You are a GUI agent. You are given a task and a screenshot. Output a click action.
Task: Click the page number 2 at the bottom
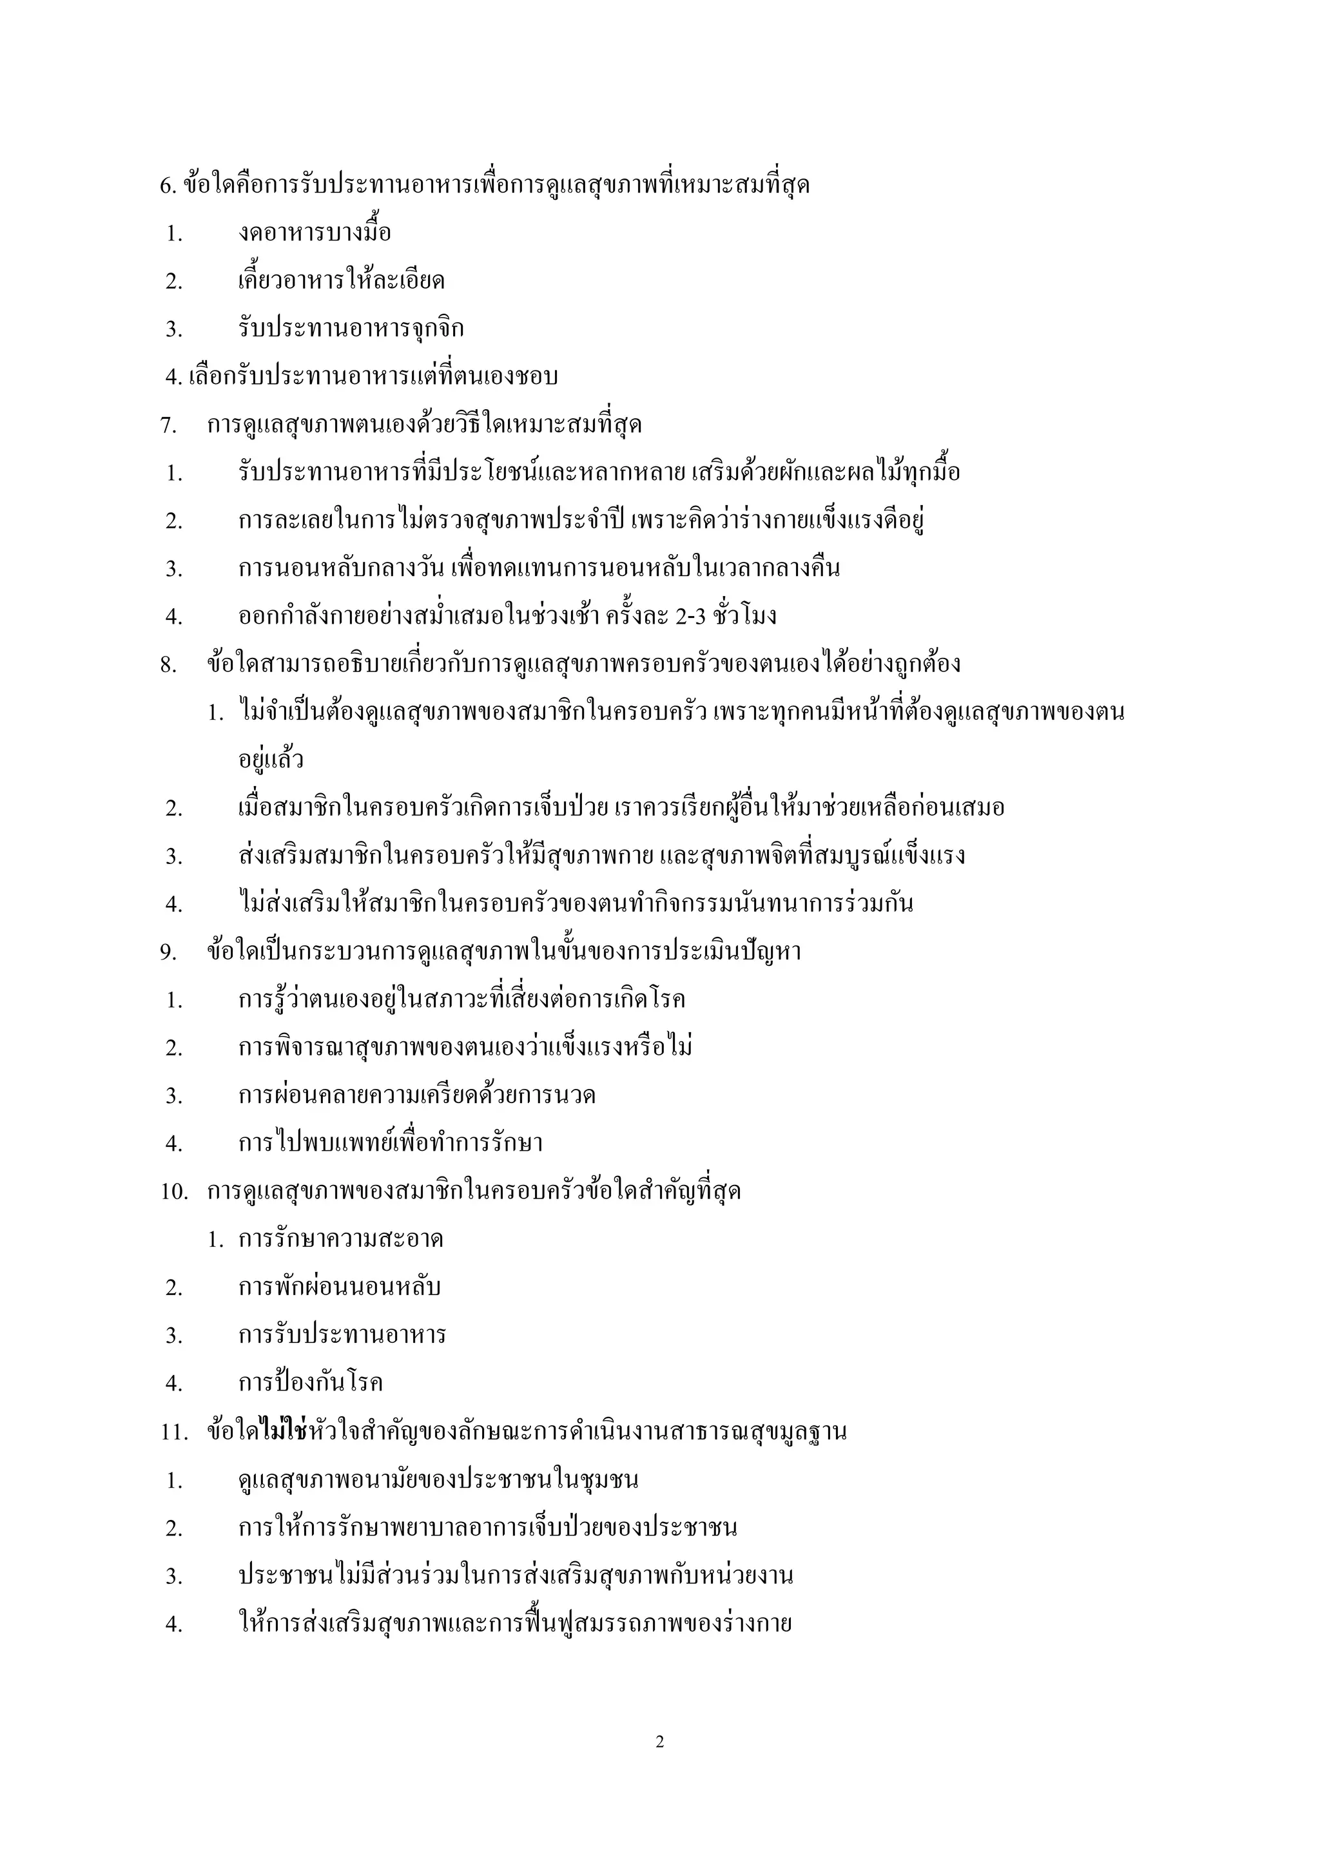[659, 1742]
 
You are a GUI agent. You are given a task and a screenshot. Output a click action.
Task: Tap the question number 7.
[168, 426]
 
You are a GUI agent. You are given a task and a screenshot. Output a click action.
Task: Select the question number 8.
[168, 666]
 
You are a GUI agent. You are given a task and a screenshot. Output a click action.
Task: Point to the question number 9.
[168, 952]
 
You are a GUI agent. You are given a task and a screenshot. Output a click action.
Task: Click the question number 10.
[174, 1192]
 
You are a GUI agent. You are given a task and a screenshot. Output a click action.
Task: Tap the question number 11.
[174, 1432]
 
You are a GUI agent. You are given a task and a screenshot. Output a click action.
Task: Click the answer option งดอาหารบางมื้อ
[315, 234]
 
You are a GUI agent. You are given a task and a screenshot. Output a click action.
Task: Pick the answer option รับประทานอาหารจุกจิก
[351, 330]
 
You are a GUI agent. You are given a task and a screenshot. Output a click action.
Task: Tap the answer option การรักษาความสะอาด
[340, 1240]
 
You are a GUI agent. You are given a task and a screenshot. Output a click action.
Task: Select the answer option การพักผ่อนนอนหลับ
[340, 1287]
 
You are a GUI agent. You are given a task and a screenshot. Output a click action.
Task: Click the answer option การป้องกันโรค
[311, 1383]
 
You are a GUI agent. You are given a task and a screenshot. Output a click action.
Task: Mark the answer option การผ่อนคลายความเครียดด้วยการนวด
[417, 1095]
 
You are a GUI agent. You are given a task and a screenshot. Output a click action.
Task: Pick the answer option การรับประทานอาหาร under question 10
[342, 1335]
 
